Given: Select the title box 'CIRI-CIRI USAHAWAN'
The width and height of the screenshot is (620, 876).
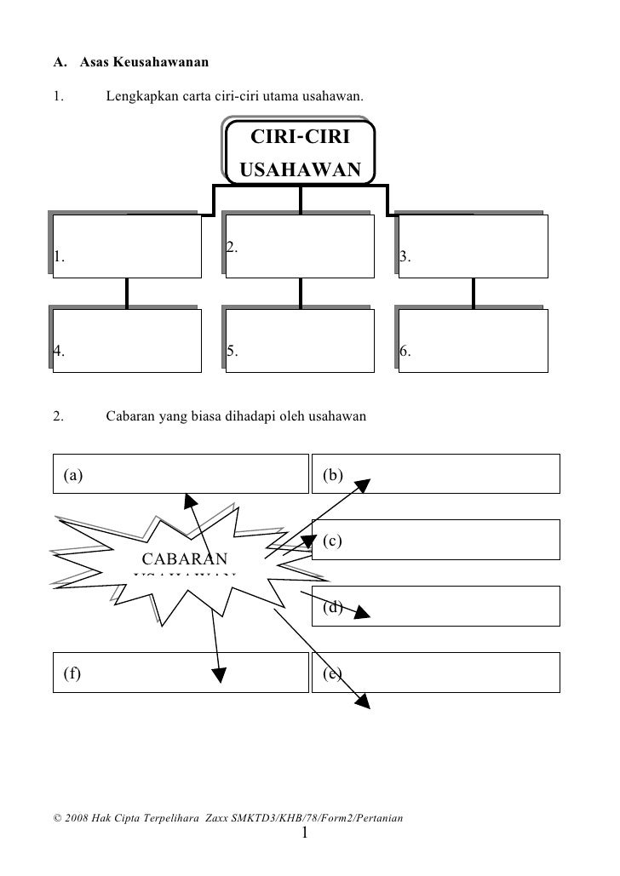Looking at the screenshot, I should [x=300, y=152].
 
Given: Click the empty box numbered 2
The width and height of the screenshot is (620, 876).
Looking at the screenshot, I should [x=300, y=246].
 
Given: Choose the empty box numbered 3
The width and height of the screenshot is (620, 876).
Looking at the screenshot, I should [x=473, y=246].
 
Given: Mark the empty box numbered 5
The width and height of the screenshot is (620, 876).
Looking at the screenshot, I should [x=300, y=340].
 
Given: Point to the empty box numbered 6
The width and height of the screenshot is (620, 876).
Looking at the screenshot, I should [x=473, y=340].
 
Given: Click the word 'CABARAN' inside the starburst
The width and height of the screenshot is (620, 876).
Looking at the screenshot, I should [x=184, y=559].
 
